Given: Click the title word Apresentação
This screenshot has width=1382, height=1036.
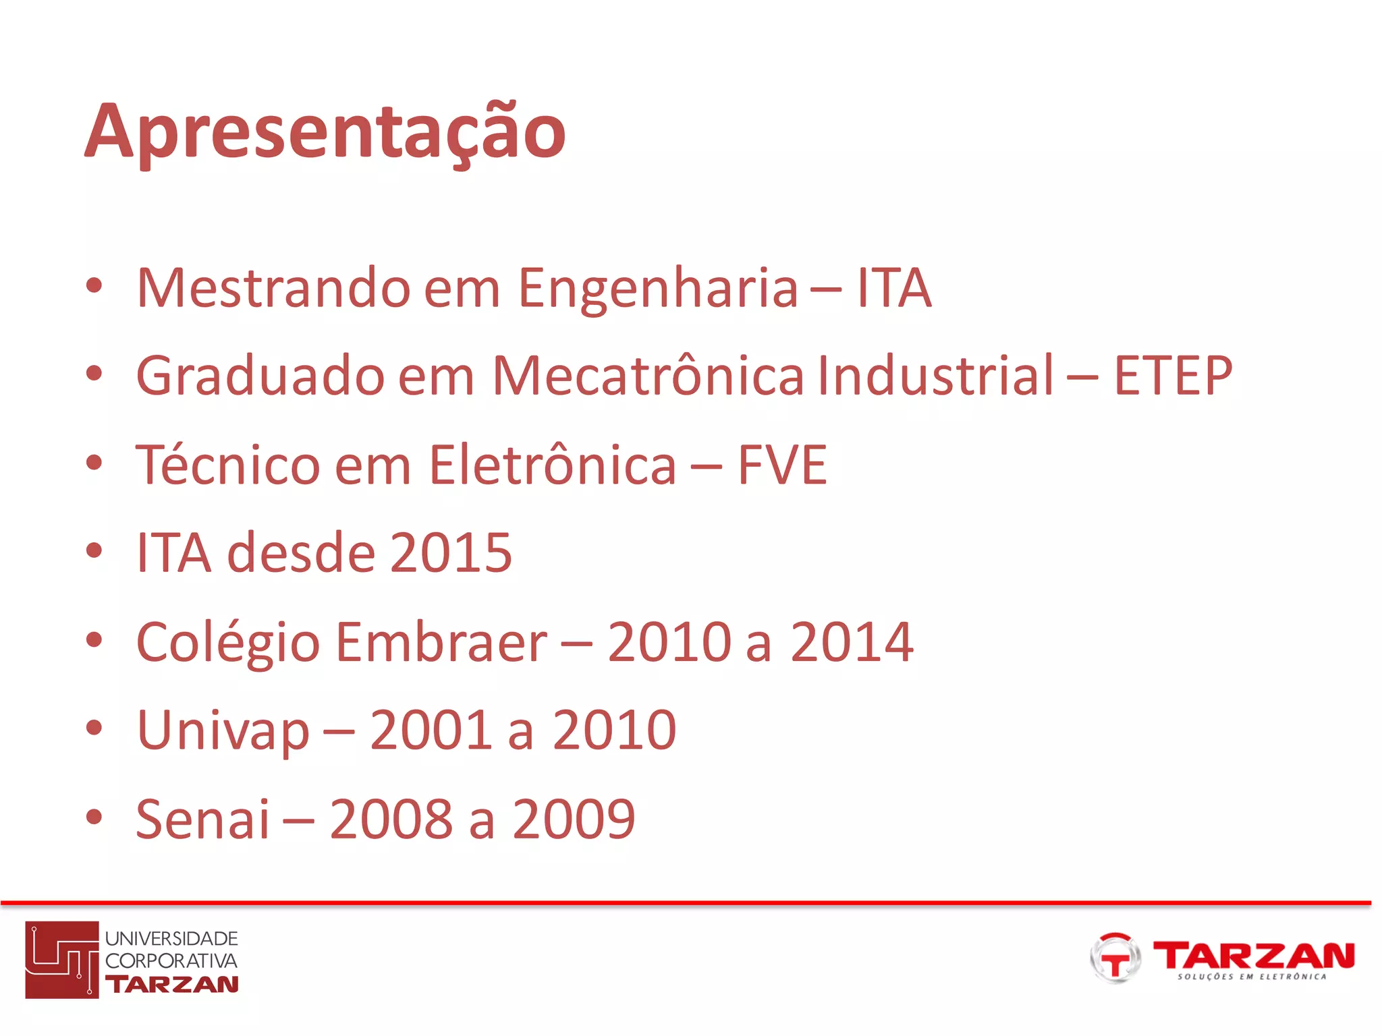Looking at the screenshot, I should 325,132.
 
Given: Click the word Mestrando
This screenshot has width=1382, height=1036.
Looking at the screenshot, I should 273,288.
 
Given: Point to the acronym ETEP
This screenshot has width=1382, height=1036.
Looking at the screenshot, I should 1173,376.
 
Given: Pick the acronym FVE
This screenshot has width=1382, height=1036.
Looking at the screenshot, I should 782,465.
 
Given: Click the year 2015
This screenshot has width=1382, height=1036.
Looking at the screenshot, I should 451,553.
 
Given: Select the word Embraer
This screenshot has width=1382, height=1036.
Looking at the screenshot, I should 442,642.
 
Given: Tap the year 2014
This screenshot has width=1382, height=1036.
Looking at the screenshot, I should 852,642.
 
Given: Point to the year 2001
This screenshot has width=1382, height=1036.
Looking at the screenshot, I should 431,730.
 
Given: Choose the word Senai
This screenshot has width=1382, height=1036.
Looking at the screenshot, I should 202,819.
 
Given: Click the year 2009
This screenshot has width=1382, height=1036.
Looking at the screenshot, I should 574,819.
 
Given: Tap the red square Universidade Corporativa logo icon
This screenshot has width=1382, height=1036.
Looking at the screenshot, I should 62,959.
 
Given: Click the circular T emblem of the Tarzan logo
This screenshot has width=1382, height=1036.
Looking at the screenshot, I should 1115,958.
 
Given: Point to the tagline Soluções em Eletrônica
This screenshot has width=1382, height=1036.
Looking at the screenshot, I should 1252,977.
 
